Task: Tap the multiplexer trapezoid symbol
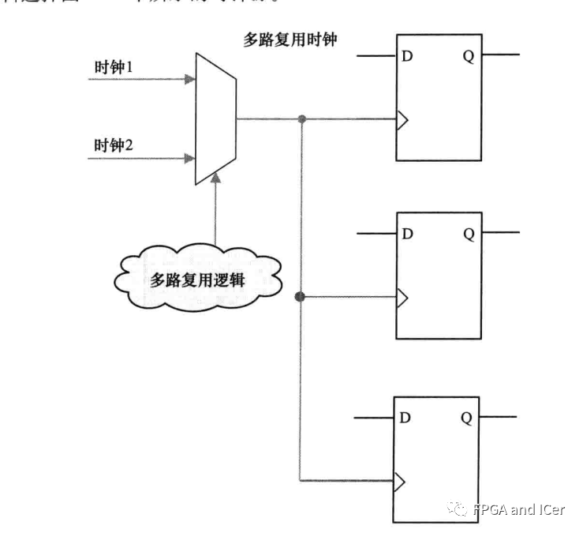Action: click(215, 118)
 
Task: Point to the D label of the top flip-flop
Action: click(408, 58)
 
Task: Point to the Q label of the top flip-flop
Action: click(468, 58)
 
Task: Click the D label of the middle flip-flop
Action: click(408, 235)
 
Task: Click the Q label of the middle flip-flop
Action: click(468, 235)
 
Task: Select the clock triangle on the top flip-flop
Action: click(402, 120)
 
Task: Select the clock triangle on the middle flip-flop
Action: click(402, 298)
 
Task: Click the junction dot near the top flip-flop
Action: click(301, 120)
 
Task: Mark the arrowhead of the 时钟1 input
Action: click(189, 79)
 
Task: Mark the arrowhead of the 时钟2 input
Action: click(189, 158)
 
